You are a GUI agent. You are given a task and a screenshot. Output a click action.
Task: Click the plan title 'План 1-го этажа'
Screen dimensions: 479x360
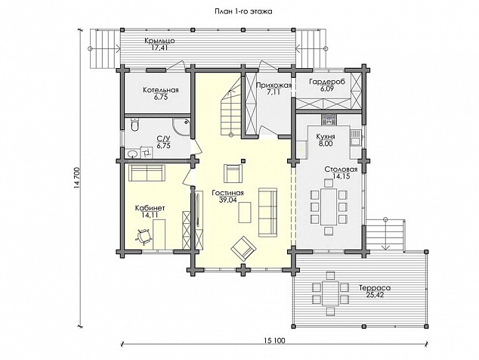click(239, 11)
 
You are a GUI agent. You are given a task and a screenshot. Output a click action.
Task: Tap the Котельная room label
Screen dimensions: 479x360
click(161, 90)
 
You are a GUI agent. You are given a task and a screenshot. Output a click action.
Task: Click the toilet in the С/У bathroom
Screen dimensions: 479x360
click(134, 125)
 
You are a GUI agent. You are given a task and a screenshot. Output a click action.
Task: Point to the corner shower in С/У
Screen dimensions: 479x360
click(182, 127)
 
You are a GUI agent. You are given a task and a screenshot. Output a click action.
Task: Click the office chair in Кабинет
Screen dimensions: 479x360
click(143, 237)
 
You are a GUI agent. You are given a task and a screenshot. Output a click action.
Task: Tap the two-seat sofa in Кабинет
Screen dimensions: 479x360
click(147, 173)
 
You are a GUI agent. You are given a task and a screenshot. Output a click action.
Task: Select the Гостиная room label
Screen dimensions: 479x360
click(227, 193)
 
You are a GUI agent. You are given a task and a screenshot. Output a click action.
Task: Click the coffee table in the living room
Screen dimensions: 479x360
click(245, 213)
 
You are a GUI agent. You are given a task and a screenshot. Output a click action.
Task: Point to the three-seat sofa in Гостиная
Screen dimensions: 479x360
click(268, 213)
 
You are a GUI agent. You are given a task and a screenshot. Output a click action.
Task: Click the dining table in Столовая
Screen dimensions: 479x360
click(329, 206)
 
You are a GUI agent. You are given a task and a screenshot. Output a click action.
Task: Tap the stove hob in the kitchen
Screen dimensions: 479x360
click(329, 119)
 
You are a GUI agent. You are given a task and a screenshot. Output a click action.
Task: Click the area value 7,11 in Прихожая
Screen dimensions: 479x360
click(273, 92)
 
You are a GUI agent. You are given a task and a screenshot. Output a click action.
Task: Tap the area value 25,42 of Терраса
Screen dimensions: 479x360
click(375, 295)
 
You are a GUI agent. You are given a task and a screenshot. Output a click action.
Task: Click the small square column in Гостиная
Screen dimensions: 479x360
click(243, 160)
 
